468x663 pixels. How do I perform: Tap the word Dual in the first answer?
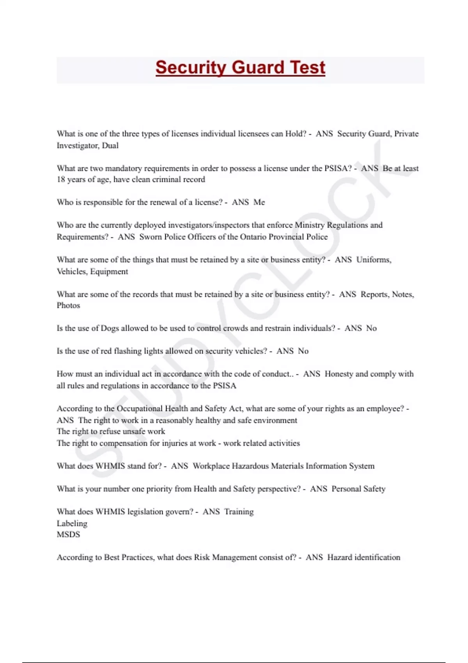coord(110,145)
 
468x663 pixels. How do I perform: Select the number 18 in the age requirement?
coord(61,179)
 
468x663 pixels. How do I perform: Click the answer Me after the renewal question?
coord(259,202)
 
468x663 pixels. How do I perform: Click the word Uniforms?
coord(374,260)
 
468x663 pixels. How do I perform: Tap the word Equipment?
coord(109,271)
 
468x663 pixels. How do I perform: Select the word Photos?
coord(68,305)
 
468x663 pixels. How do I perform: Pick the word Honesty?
coord(339,374)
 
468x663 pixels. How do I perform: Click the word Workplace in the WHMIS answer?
coord(212,466)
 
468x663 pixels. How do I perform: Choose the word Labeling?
coord(72,523)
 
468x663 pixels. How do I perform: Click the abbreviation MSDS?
coord(68,534)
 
